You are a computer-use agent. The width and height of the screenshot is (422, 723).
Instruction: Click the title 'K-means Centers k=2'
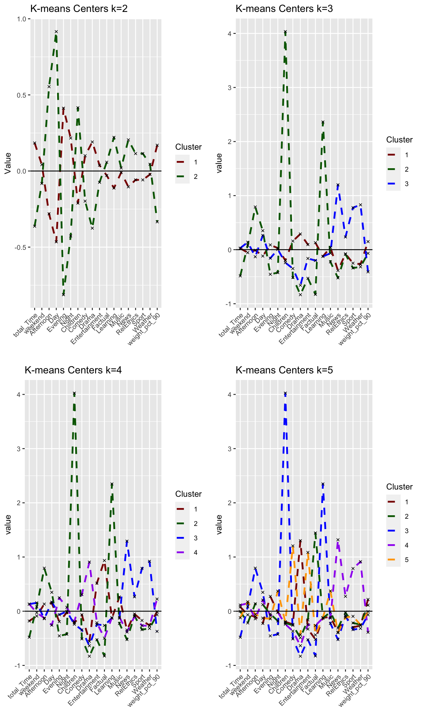click(x=79, y=9)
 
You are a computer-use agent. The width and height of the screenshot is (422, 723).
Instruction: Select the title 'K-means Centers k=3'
click(x=284, y=9)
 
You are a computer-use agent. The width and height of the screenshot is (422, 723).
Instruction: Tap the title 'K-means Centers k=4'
click(x=73, y=370)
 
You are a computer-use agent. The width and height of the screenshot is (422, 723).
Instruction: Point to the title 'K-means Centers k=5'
click(x=284, y=370)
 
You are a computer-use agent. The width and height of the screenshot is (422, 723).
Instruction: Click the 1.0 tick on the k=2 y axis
click(x=22, y=19)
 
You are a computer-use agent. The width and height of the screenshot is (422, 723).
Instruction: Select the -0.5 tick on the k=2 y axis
click(x=20, y=247)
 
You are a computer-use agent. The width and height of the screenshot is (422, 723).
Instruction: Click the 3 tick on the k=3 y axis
click(x=230, y=88)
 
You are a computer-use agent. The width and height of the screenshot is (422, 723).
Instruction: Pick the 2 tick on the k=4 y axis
click(x=19, y=503)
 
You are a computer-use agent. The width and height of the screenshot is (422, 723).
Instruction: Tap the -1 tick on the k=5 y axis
click(x=229, y=666)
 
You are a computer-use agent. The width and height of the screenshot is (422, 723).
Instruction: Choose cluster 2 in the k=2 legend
click(x=195, y=177)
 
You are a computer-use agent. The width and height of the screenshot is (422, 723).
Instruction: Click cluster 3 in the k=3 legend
click(x=407, y=184)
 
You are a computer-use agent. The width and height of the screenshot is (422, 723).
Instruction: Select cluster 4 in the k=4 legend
click(x=195, y=553)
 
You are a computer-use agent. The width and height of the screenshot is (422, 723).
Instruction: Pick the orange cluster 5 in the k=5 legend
click(x=407, y=560)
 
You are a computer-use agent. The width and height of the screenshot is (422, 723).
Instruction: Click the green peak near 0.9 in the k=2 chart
click(x=56, y=32)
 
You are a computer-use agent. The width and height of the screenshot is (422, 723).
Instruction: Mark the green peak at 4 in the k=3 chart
click(x=285, y=32)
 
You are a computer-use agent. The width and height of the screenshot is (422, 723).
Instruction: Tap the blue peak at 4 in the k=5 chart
click(x=285, y=394)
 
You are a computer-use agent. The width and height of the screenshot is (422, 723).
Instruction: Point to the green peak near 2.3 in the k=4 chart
click(x=112, y=484)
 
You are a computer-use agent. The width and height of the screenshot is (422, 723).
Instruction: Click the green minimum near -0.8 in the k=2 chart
click(x=63, y=294)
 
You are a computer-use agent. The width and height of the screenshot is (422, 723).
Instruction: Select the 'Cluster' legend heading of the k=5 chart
click(x=399, y=487)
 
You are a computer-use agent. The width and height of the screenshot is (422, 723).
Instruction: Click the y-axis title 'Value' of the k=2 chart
click(x=8, y=163)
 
